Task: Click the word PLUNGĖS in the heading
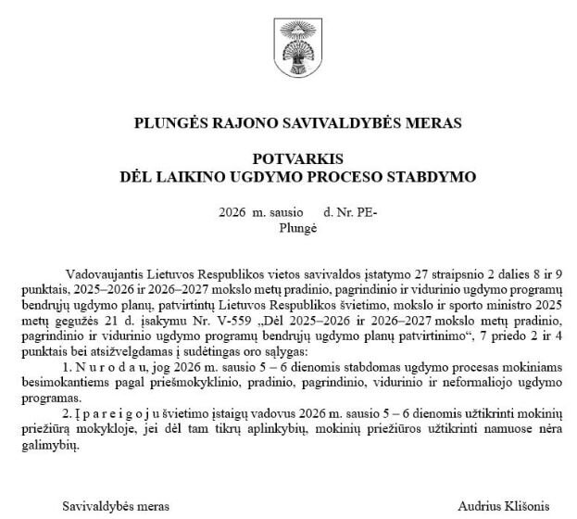pyautogui.click(x=168, y=120)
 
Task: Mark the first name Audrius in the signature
pyautogui.click(x=479, y=506)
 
